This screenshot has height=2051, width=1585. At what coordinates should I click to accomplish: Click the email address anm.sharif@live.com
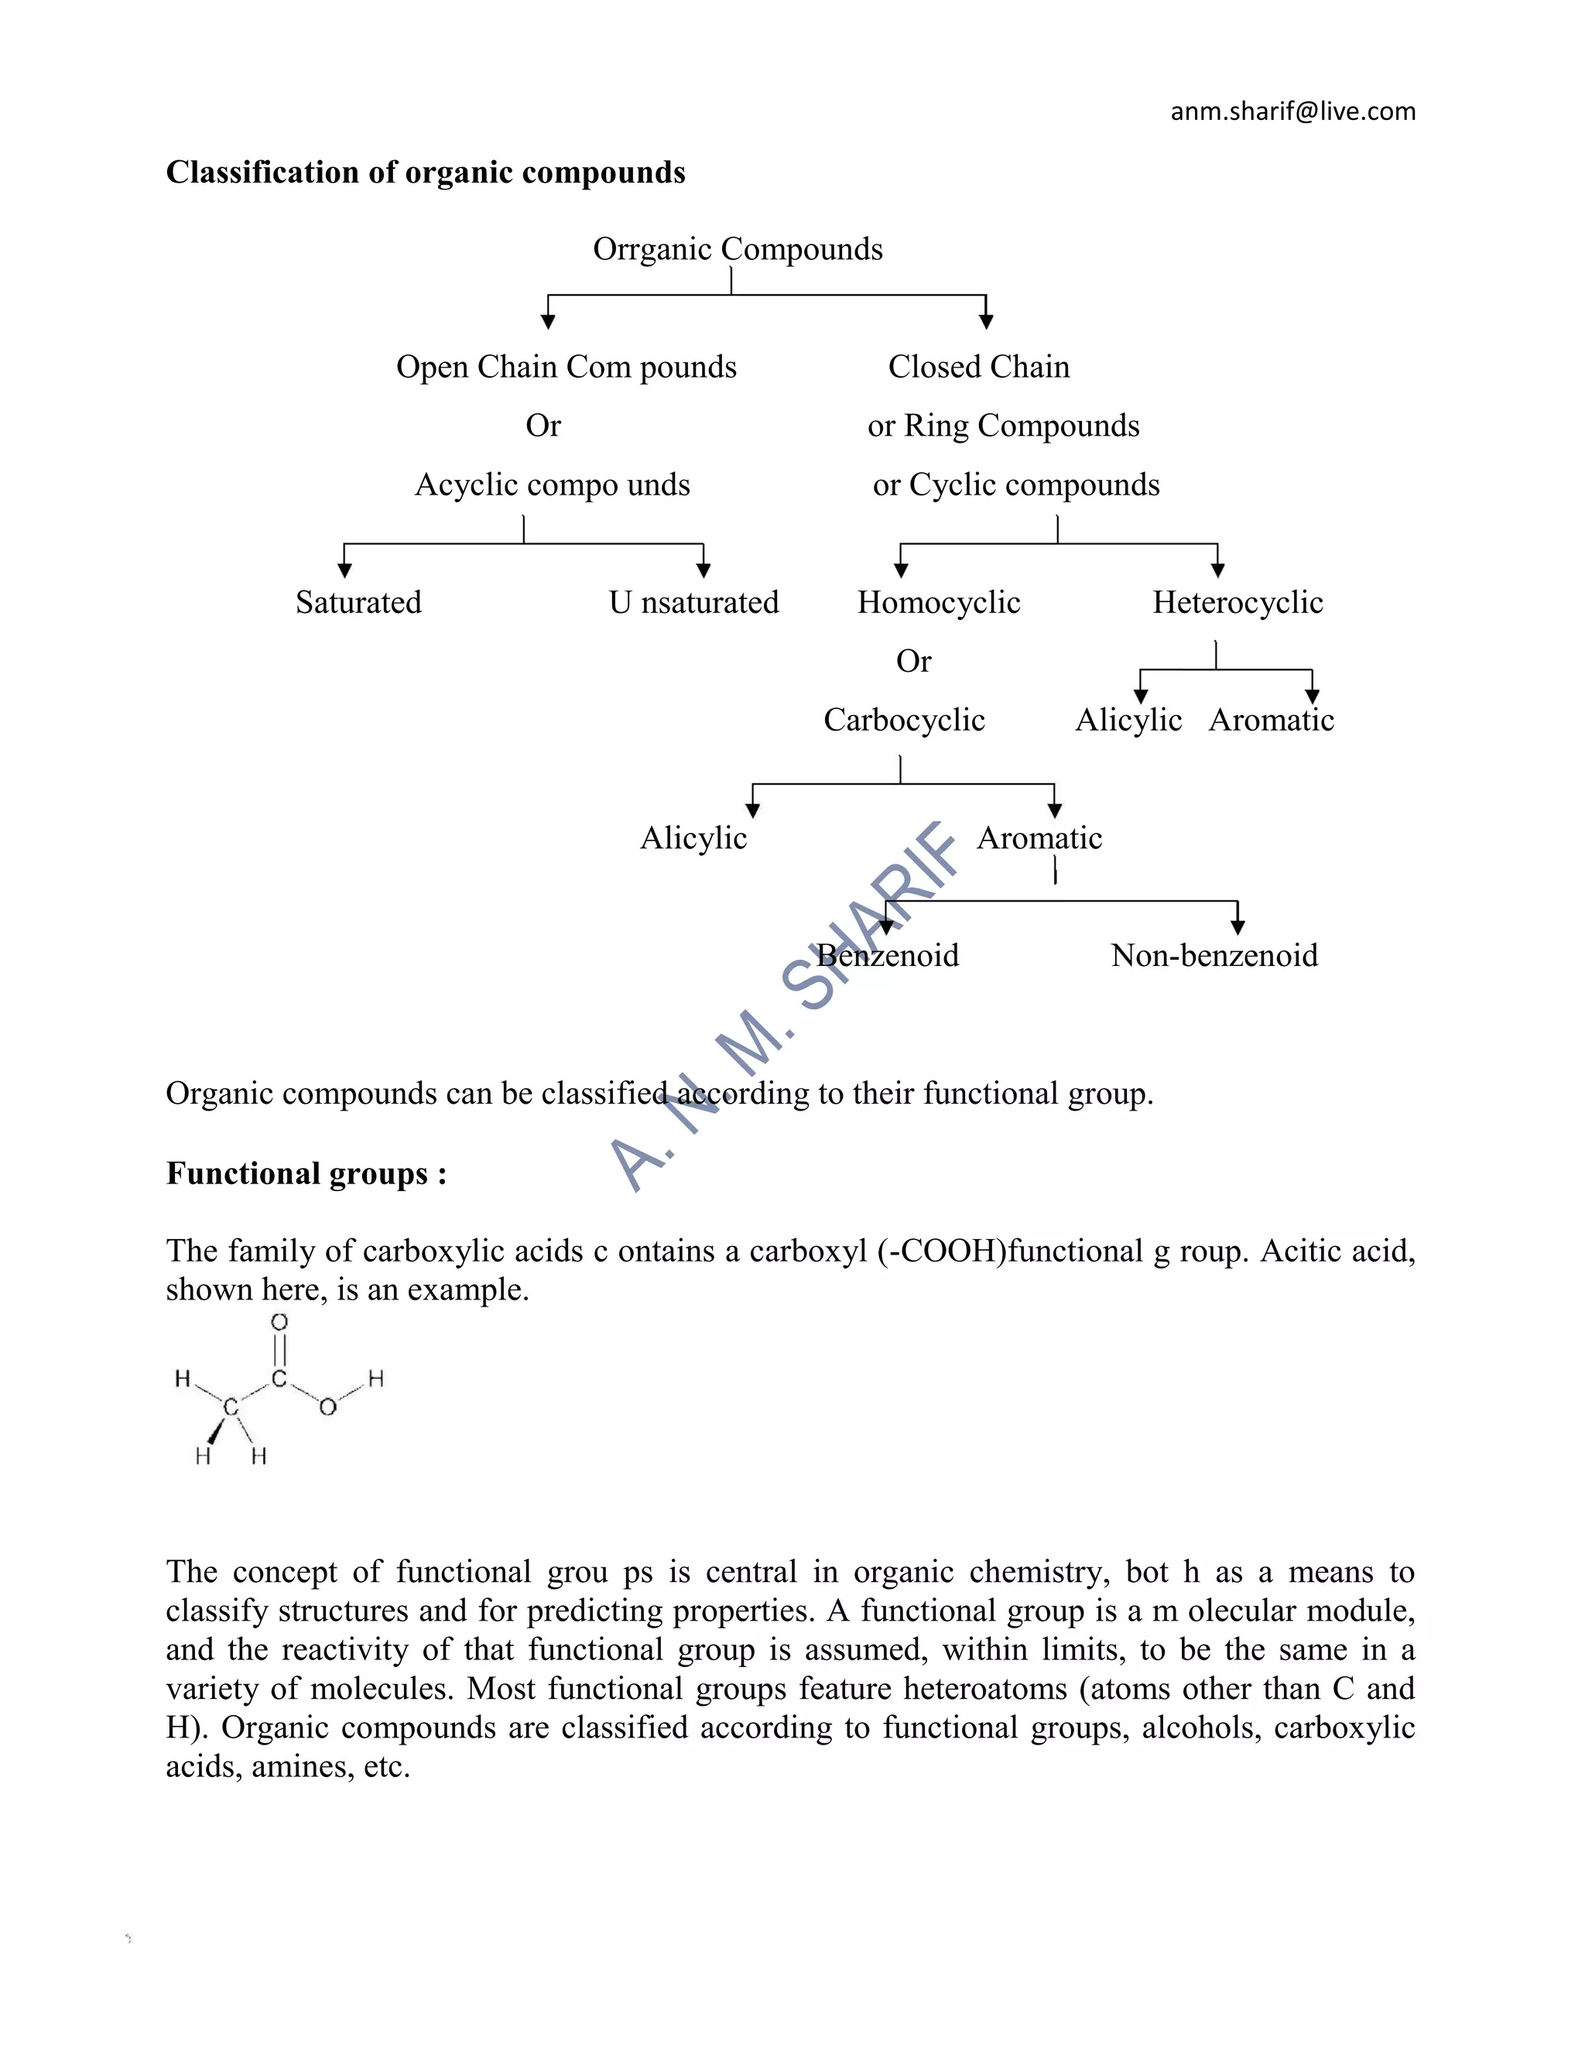click(x=1292, y=111)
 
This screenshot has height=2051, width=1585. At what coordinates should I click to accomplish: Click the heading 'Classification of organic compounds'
click(x=426, y=173)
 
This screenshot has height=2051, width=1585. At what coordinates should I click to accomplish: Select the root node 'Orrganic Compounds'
click(x=737, y=249)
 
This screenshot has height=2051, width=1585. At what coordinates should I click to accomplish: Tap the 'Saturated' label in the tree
click(x=358, y=602)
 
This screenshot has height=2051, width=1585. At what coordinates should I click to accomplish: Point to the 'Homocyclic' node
click(x=938, y=602)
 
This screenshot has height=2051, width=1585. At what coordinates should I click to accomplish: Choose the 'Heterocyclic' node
click(x=1237, y=602)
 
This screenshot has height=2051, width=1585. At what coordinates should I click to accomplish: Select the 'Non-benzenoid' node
click(x=1214, y=956)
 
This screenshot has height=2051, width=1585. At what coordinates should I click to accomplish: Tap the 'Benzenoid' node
click(x=888, y=956)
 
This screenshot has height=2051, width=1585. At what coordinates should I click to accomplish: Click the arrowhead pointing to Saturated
click(x=344, y=570)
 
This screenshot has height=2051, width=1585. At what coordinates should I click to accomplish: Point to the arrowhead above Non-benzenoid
click(x=1238, y=928)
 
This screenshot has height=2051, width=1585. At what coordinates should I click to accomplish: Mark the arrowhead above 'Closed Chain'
click(x=986, y=322)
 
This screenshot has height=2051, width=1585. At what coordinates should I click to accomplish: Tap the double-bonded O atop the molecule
click(x=279, y=1322)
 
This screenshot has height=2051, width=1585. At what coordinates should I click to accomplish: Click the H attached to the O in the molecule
click(x=375, y=1378)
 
